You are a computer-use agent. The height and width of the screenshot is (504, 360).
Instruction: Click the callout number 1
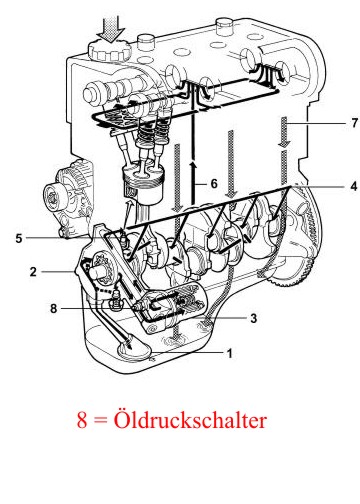pyautogui.click(x=229, y=353)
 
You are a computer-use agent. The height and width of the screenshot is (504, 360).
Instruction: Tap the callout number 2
pyautogui.click(x=33, y=272)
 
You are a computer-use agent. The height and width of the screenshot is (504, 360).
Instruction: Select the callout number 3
pyautogui.click(x=254, y=318)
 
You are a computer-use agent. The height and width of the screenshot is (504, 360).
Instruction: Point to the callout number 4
pyautogui.click(x=354, y=186)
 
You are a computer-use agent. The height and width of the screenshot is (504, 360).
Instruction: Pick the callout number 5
pyautogui.click(x=19, y=238)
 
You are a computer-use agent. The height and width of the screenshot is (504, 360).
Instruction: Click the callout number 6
pyautogui.click(x=214, y=184)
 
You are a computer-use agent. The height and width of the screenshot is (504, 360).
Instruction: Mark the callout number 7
pyautogui.click(x=354, y=123)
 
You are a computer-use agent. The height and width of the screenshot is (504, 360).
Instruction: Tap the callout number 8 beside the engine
pyautogui.click(x=54, y=308)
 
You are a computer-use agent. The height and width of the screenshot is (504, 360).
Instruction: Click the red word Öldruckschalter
pyautogui.click(x=190, y=420)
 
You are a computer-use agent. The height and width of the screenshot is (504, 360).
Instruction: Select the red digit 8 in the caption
pyautogui.click(x=82, y=420)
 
